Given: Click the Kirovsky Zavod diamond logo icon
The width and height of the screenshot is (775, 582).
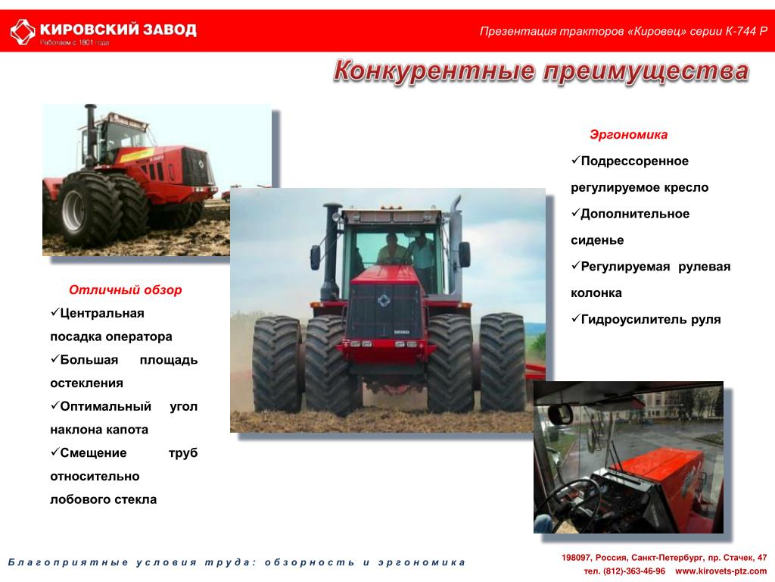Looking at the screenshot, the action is tap(23, 32).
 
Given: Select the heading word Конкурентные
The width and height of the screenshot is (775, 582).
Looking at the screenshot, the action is tap(434, 70).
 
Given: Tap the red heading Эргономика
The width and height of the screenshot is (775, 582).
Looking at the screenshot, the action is tap(628, 135).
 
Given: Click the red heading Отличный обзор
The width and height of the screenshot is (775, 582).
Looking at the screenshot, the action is tap(126, 290).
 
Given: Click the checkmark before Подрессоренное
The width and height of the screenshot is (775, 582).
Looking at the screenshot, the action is tap(575, 160).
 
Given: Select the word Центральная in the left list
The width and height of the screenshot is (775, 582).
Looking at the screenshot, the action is tap(102, 313).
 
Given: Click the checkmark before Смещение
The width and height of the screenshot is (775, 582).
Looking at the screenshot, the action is tap(54, 452).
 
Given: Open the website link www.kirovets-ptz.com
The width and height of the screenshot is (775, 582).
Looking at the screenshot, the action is tap(721, 571).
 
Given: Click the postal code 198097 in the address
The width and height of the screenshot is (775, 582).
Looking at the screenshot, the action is tap(576, 558).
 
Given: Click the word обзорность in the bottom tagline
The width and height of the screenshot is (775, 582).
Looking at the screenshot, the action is tap(310, 562).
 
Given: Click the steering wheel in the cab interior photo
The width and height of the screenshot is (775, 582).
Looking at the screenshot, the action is tap(568, 500).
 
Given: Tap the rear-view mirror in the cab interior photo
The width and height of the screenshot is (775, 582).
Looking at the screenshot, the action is tap(560, 414).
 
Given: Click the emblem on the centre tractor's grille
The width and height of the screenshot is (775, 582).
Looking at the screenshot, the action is tap(384, 300).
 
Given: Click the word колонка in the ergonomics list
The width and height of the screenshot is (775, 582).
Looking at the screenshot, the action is tap(596, 293).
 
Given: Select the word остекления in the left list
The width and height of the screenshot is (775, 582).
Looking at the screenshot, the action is tap(86, 383).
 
